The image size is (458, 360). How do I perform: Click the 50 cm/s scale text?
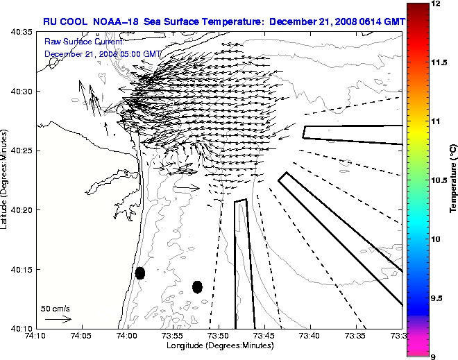click(x=56, y=308)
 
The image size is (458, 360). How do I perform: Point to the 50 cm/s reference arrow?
click(x=58, y=319)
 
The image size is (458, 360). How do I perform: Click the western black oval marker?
click(x=140, y=273)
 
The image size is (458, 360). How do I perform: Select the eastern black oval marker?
click(x=197, y=286)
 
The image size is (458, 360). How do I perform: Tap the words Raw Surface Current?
click(x=84, y=42)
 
